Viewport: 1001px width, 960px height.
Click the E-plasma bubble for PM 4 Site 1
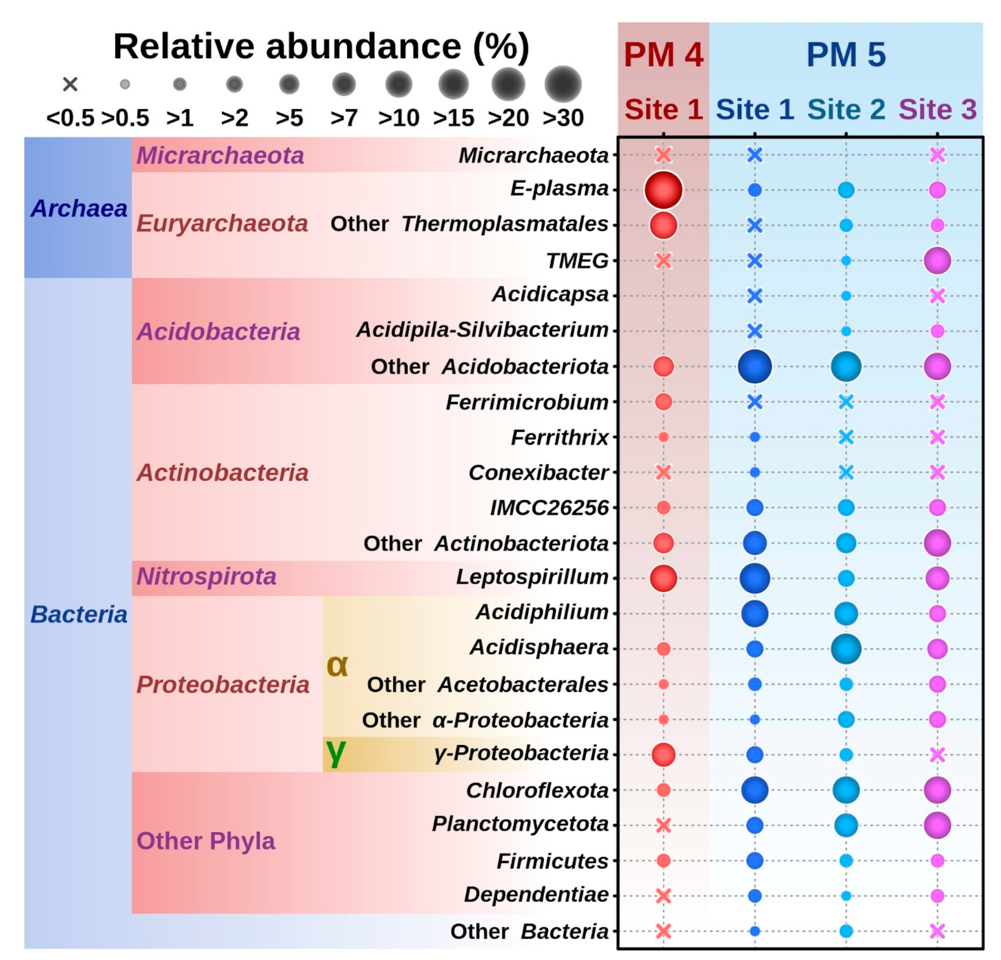[x=663, y=190]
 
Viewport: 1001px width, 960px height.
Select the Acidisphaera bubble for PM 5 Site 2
[x=846, y=649]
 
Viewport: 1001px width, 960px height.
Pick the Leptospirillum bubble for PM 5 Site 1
[x=754, y=578]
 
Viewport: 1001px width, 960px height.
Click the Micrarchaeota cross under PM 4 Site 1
[x=663, y=155]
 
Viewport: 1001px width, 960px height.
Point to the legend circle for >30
[x=563, y=84]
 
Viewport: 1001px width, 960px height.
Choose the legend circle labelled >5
[x=289, y=84]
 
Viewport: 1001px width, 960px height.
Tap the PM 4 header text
[x=663, y=55]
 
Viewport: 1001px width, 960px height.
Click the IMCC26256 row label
[x=549, y=508]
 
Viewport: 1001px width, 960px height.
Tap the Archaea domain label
[x=78, y=208]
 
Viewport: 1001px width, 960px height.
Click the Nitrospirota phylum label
[x=206, y=577]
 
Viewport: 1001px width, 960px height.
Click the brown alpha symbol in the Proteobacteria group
[x=337, y=665]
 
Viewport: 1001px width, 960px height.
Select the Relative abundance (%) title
[x=321, y=47]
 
